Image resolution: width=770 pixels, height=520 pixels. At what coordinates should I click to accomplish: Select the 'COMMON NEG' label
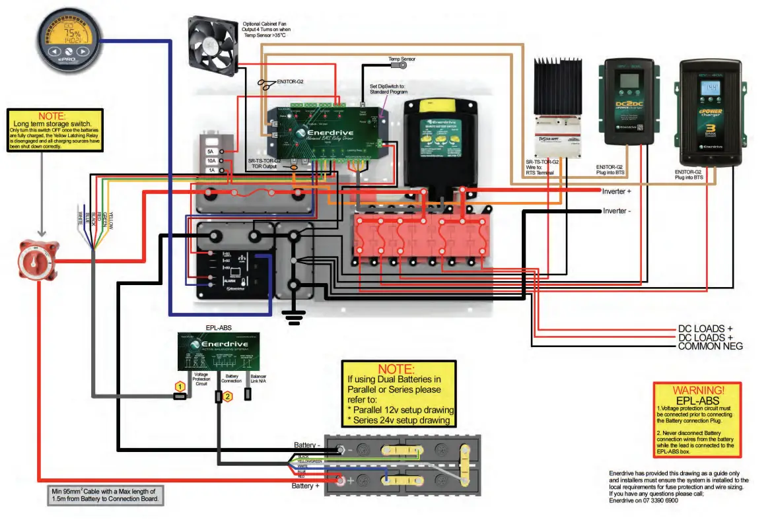[711, 346]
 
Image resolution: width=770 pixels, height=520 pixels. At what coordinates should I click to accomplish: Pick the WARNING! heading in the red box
[698, 390]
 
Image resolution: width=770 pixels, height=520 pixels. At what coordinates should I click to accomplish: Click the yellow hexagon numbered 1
[179, 385]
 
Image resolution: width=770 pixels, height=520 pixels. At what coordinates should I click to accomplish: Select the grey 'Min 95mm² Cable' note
[104, 496]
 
